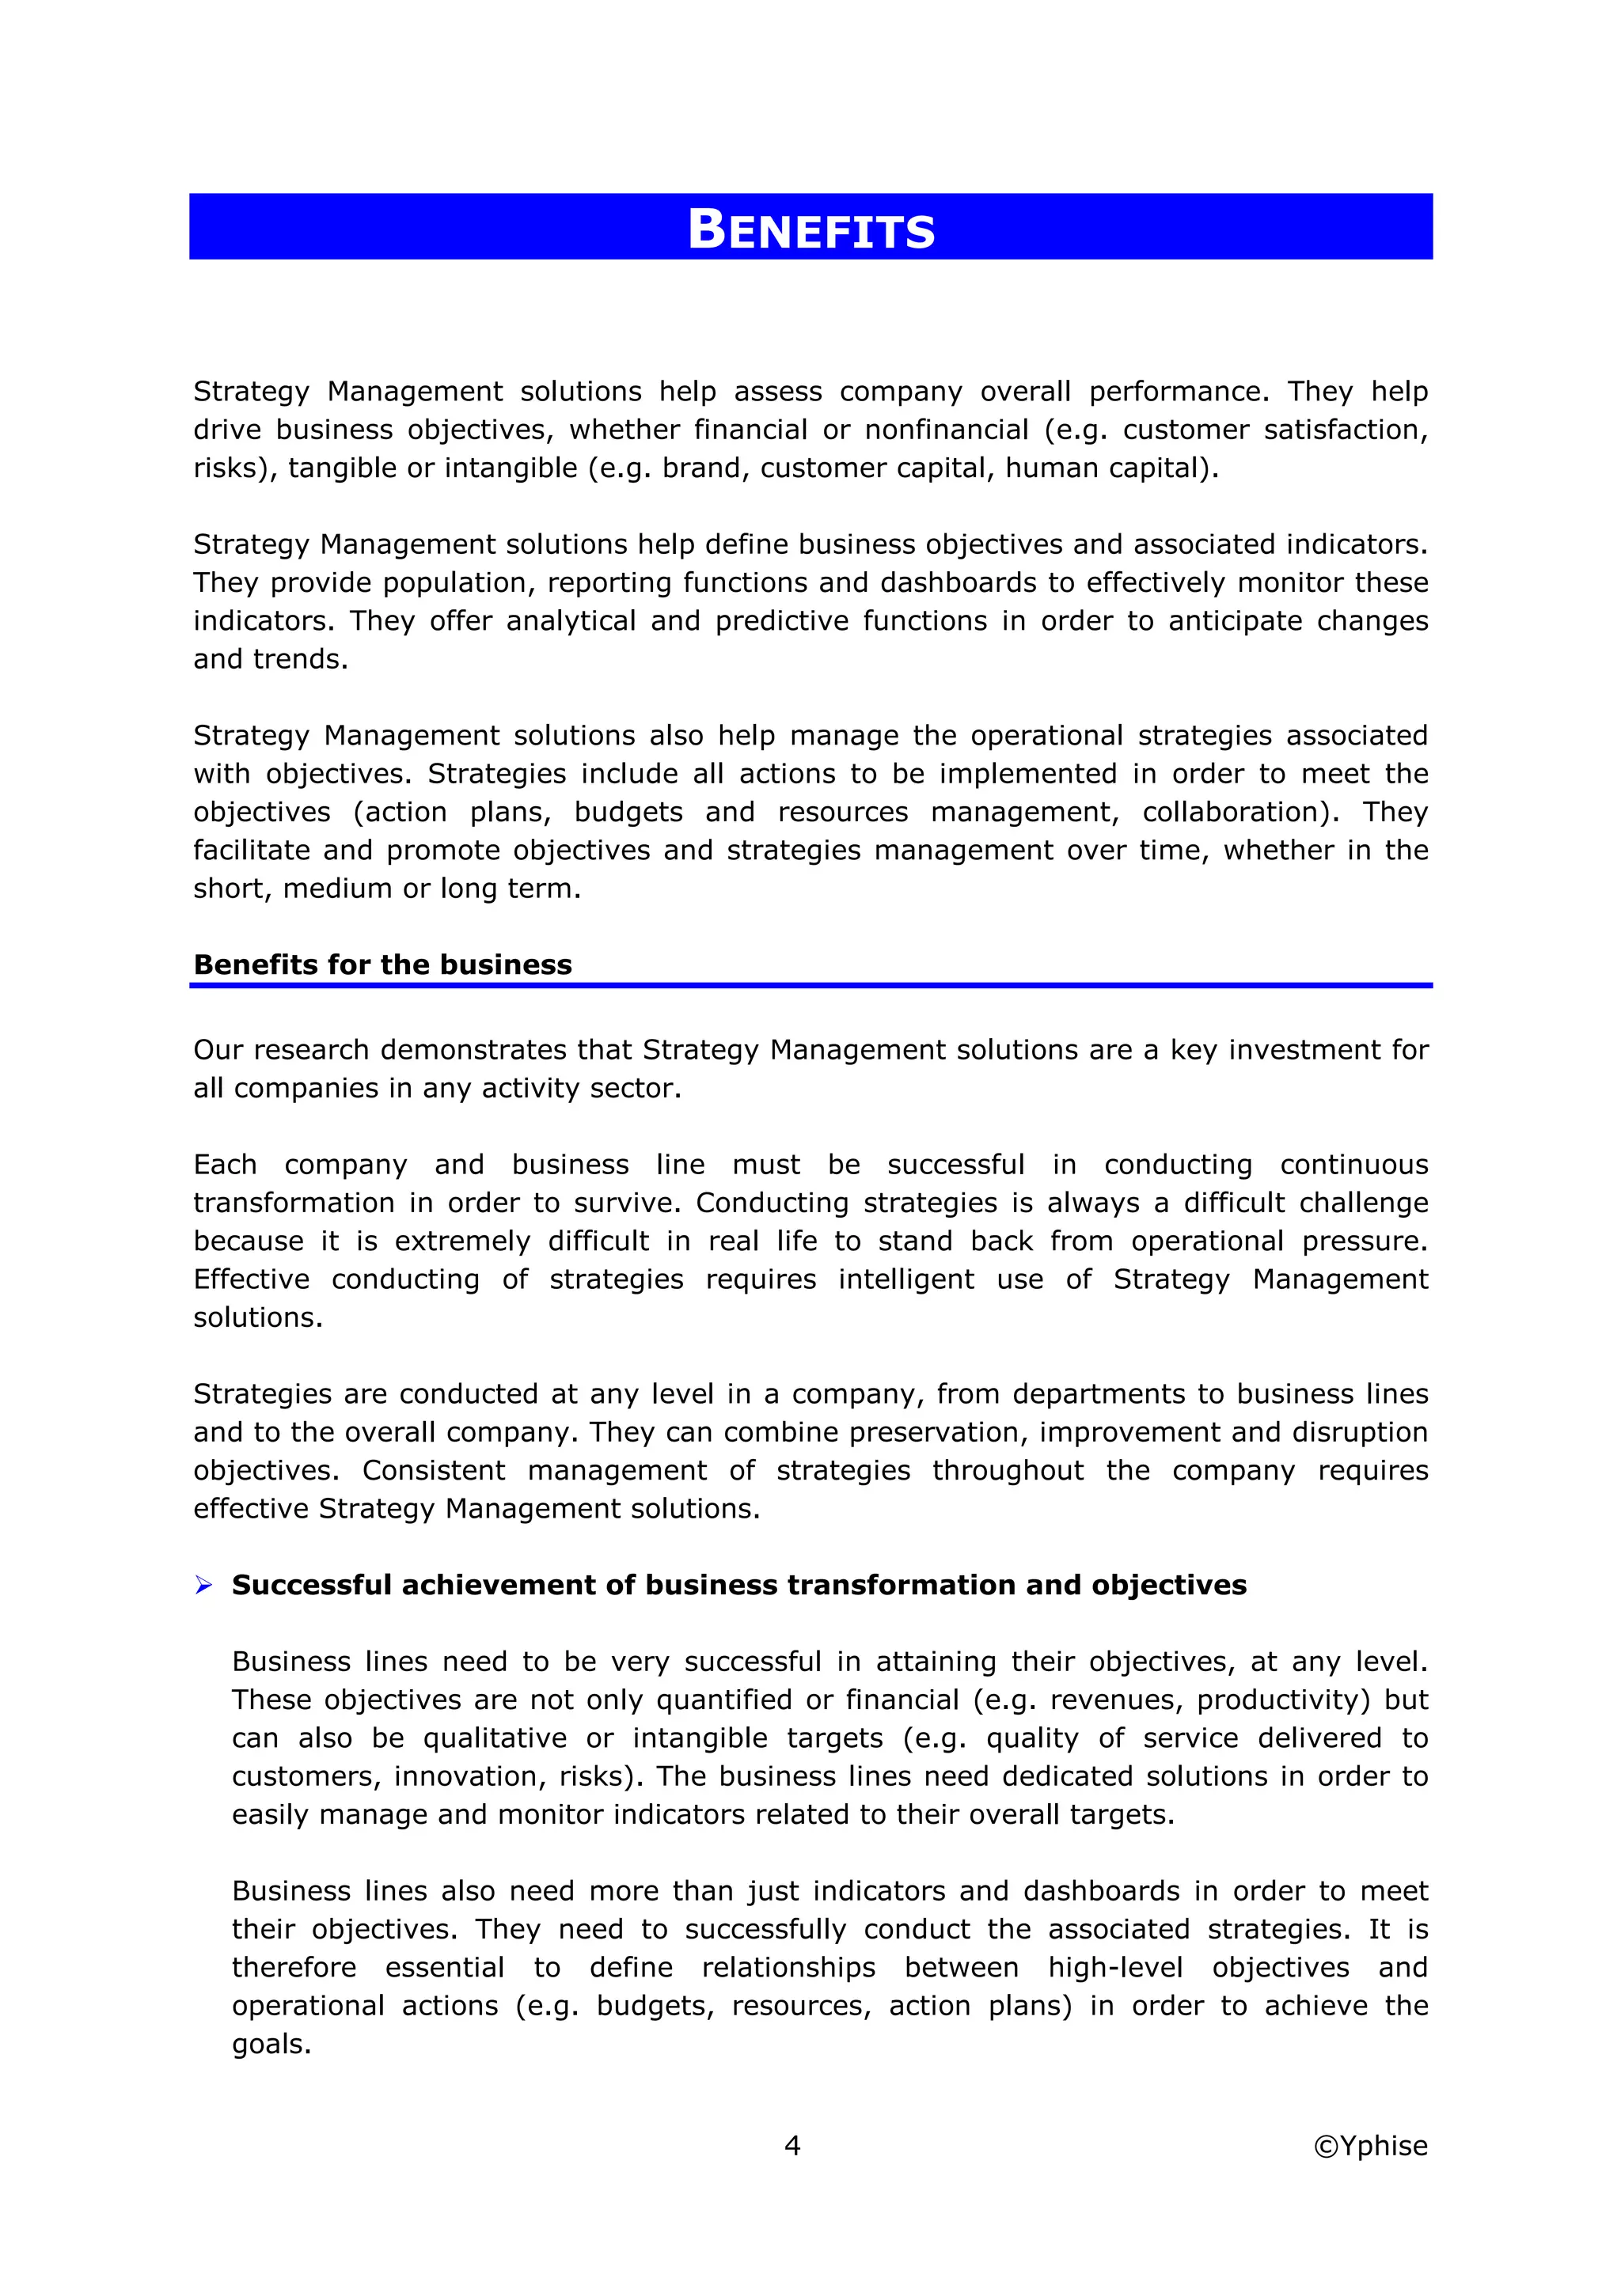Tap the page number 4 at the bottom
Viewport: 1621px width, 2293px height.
(x=792, y=2145)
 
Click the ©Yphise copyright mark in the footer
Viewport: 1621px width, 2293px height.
(x=1369, y=2145)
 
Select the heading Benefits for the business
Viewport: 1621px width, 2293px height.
(x=382, y=964)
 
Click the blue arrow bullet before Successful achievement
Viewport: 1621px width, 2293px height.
(x=203, y=1585)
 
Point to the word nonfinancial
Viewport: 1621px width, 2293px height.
(x=946, y=430)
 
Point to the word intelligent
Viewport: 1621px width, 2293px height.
(x=905, y=1279)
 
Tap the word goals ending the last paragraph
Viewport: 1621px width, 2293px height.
(x=271, y=2045)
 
